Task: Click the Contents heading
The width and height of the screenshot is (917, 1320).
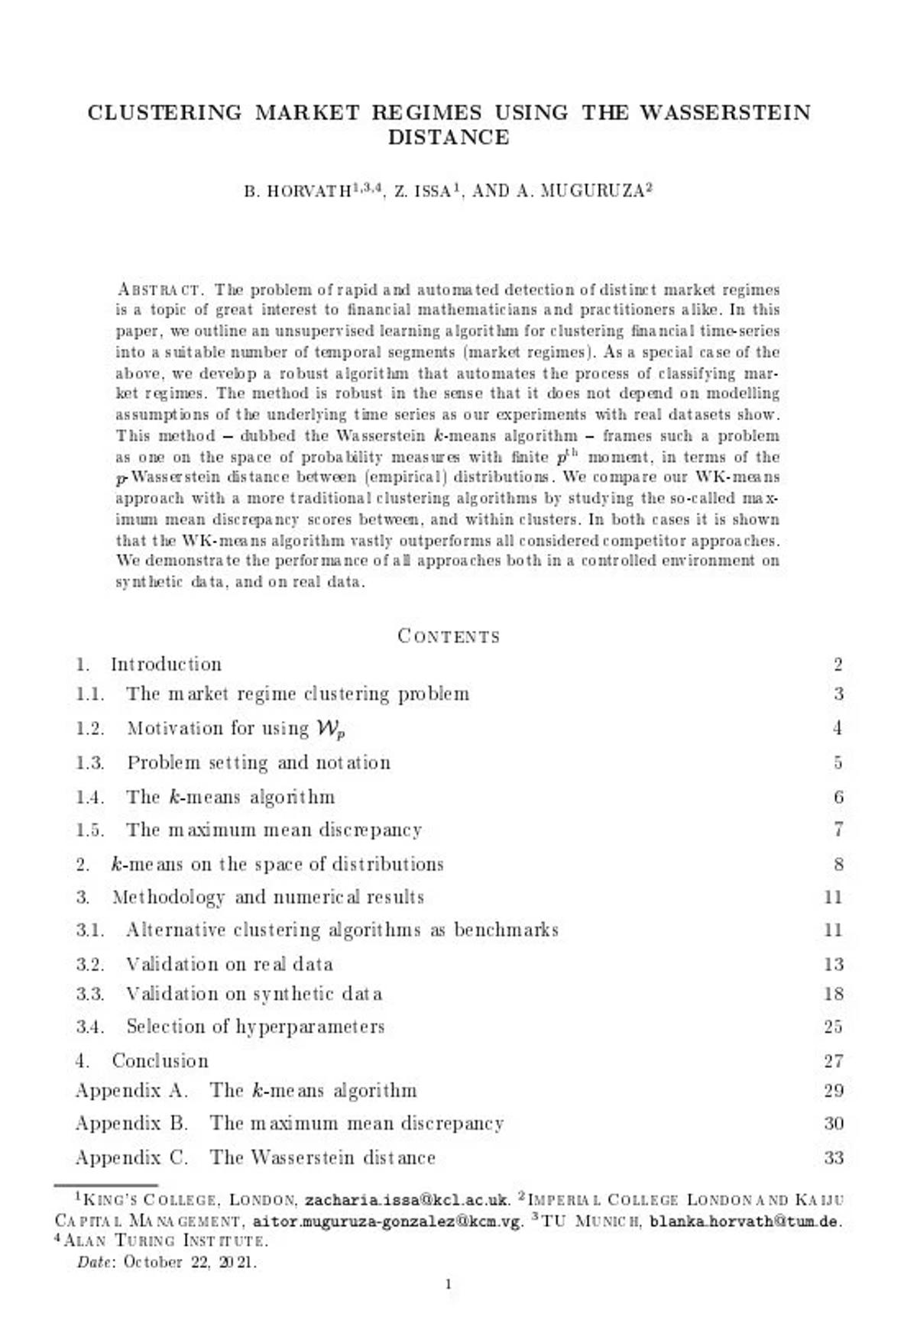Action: [x=449, y=636]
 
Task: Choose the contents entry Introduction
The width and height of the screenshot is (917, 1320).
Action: [x=166, y=664]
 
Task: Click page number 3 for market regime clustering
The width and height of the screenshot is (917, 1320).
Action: [x=838, y=694]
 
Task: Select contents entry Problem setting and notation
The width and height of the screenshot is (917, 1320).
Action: [x=258, y=762]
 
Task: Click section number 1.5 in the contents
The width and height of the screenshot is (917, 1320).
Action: [x=90, y=830]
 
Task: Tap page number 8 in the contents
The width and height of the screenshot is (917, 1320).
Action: [x=838, y=864]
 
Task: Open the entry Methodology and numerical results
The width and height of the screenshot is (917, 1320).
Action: [x=267, y=897]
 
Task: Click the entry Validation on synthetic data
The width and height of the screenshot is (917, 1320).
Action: [x=254, y=994]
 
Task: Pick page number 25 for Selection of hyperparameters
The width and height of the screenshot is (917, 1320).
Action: [x=833, y=1027]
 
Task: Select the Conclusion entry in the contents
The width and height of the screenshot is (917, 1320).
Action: [x=160, y=1060]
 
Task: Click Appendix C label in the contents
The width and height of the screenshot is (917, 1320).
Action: [x=131, y=1157]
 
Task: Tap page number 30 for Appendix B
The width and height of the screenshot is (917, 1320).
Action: [x=833, y=1124]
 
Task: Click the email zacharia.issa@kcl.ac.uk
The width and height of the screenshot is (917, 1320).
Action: [x=407, y=1201]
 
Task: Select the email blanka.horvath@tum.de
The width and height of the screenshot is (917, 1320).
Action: [x=744, y=1221]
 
